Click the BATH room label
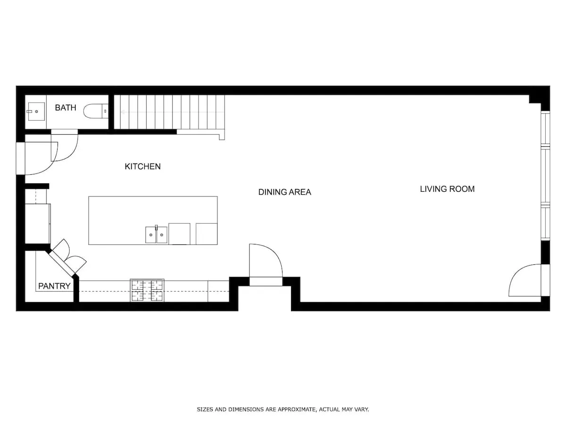point(65,108)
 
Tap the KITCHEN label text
point(142,166)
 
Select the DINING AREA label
point(284,192)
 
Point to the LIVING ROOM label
point(447,189)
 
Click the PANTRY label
point(54,286)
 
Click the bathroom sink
point(36,112)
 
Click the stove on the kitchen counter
point(147,290)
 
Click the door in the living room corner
point(526,280)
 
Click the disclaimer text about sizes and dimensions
point(283,409)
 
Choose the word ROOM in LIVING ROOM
point(462,189)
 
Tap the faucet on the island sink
point(156,228)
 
